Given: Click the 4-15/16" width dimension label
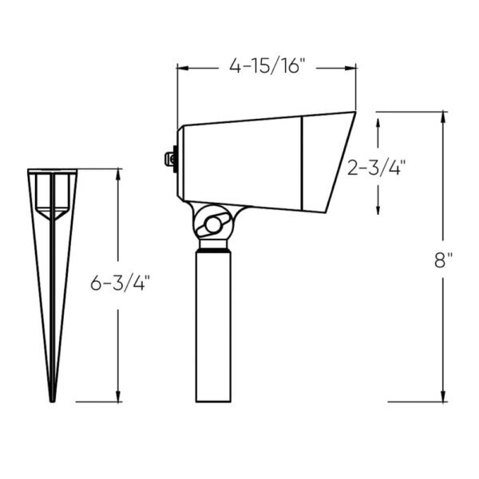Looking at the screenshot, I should click(267, 67).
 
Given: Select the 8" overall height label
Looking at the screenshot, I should click(443, 260).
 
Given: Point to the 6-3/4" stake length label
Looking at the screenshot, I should click(120, 282).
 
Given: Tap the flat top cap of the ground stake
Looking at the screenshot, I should click(53, 171).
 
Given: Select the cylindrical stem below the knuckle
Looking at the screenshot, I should click(213, 319).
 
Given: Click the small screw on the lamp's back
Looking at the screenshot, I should click(170, 159).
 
